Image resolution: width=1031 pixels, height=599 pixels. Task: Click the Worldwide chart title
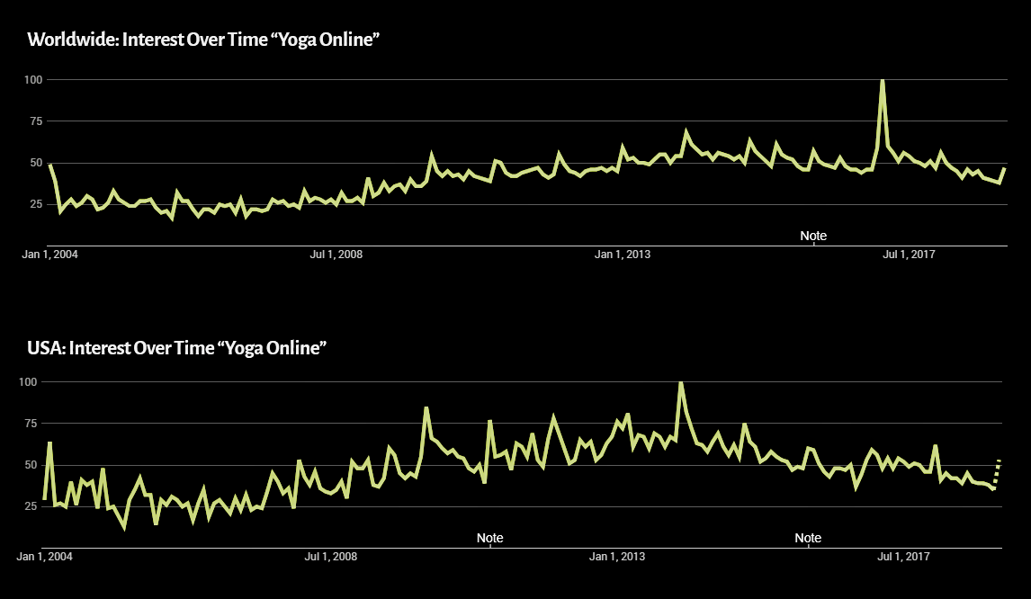(204, 40)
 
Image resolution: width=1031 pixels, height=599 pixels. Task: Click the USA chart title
(177, 348)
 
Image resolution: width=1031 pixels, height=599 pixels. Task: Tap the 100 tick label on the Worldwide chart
(33, 79)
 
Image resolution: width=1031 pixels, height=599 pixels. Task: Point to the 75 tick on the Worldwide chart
(35, 121)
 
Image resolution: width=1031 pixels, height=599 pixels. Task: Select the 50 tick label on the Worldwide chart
(35, 163)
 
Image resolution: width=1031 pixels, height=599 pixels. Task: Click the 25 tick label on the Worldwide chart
(35, 204)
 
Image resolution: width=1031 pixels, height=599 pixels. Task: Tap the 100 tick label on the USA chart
(28, 381)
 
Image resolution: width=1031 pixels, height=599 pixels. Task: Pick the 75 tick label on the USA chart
(31, 423)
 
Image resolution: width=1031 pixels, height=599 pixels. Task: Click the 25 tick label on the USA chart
(31, 505)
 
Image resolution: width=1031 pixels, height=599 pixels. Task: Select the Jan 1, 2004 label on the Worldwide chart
(50, 255)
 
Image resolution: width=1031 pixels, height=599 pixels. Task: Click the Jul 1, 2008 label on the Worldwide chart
(336, 255)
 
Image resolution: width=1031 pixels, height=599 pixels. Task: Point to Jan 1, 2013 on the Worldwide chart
(622, 255)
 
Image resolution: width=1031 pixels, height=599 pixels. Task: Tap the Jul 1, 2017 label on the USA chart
(903, 556)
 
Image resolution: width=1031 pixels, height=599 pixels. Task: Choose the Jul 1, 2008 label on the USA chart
(331, 556)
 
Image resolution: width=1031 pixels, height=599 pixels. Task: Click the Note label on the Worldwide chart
(813, 236)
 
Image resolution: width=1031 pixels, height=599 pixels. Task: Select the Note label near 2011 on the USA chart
(489, 538)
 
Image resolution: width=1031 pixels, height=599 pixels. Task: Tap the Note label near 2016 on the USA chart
(808, 538)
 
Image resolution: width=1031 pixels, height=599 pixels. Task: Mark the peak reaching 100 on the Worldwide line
(882, 80)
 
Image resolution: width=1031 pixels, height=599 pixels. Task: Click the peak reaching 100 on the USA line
(680, 382)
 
